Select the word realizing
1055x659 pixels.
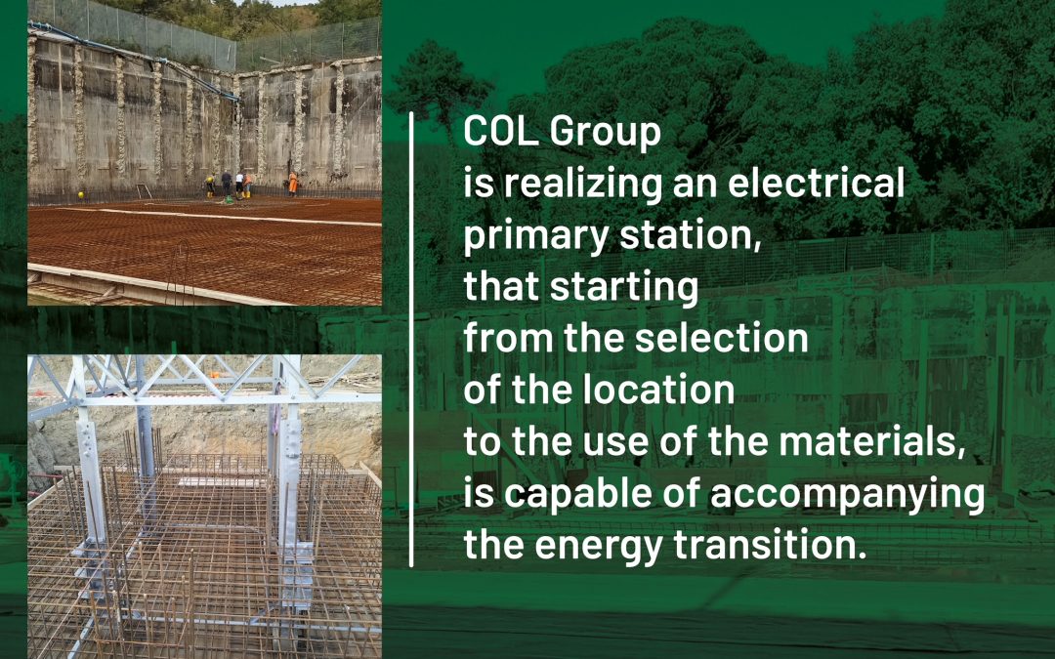pyautogui.click(x=583, y=185)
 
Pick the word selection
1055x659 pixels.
pyautogui.click(x=722, y=338)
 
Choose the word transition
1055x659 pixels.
pyautogui.click(x=770, y=545)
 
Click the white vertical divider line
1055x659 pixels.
pyautogui.click(x=411, y=340)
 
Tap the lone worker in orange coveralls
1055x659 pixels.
pyautogui.click(x=293, y=184)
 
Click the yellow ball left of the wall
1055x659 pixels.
pyautogui.click(x=81, y=195)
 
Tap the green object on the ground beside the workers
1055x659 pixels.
pyautogui.click(x=229, y=199)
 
